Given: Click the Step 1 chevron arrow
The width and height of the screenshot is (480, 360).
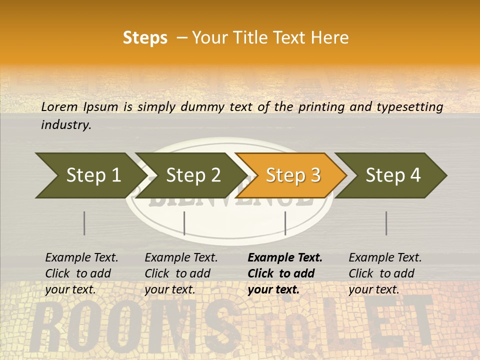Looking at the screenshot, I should pos(90,175).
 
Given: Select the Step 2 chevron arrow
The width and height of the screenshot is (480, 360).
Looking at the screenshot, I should pos(192,175).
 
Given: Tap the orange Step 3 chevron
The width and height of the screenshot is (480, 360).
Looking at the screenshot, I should pos(292,175).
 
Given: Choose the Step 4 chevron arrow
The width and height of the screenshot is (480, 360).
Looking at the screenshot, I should pos(392,175).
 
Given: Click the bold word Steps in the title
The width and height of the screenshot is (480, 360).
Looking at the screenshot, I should pos(145,38).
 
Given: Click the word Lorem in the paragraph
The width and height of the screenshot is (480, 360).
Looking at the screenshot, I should pos(59,106).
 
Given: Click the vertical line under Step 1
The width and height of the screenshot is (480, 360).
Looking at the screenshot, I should pos(84,223).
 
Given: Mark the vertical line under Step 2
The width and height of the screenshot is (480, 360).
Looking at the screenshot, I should pos(184,223).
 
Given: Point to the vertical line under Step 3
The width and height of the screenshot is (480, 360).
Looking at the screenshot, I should pos(285,223).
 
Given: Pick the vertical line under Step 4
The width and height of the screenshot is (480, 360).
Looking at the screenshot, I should pos(386,223).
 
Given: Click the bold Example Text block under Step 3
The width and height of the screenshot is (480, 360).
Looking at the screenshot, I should pos(285,273).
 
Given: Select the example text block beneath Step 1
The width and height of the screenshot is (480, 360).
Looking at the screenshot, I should pos(81,273).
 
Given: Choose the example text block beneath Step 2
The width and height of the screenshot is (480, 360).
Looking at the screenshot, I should pos(181,273).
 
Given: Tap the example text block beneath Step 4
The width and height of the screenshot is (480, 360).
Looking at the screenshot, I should pos(385,273).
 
